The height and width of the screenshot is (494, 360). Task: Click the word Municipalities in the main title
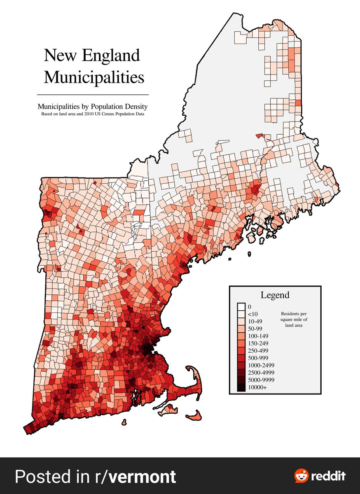point(94,77)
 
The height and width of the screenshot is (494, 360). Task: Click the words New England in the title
point(91,55)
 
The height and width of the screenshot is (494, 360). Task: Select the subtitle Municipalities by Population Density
point(92,106)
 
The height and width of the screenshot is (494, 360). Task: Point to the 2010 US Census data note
point(92,114)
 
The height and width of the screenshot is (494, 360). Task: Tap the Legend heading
point(275,295)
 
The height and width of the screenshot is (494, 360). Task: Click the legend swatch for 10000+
point(241,387)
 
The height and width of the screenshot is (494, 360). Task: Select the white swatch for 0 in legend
point(241,307)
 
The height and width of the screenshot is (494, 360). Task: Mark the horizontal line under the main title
point(92,95)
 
